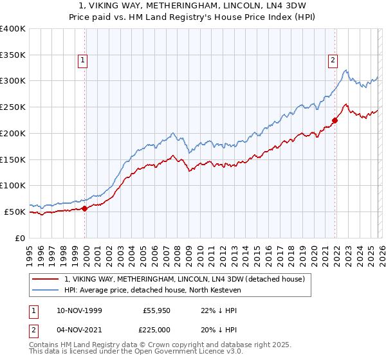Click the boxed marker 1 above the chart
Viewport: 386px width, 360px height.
84,61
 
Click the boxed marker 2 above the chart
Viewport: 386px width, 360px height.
333,61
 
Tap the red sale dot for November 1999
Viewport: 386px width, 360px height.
85,208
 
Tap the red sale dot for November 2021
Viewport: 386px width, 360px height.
335,120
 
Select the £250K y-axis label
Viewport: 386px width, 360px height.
13,107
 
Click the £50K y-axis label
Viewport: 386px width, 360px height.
15,212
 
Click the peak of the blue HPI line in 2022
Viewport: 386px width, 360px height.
345,71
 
